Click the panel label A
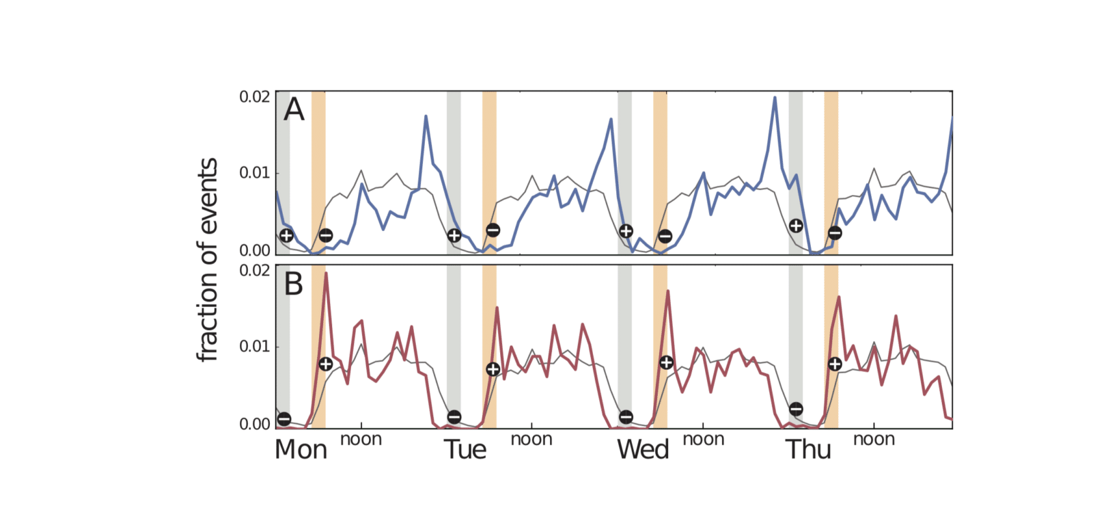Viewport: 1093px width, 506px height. [294, 109]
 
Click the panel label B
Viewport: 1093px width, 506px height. [294, 284]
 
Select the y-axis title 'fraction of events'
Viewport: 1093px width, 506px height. [207, 259]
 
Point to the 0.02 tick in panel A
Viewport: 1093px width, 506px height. [254, 96]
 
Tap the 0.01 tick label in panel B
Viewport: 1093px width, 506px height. [254, 347]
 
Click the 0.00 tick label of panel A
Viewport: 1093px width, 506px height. [254, 250]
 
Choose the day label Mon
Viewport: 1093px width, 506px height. [301, 450]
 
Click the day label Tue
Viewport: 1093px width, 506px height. [465, 450]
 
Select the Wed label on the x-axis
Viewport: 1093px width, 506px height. [642, 450]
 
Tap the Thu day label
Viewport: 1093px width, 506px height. [808, 450]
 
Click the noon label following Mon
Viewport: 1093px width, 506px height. [361, 440]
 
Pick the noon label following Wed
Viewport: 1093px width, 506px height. [704, 440]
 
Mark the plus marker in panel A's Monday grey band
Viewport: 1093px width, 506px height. [287, 236]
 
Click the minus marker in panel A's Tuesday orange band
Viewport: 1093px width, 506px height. [493, 230]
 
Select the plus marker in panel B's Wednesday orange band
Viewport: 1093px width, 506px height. [667, 362]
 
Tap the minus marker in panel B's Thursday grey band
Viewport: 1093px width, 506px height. [796, 409]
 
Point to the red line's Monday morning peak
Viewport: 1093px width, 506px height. [326, 274]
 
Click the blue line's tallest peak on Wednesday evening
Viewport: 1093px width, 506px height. [775, 97]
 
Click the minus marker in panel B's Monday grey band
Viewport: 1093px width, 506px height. [284, 419]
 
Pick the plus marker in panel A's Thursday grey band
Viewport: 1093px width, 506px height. [796, 226]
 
